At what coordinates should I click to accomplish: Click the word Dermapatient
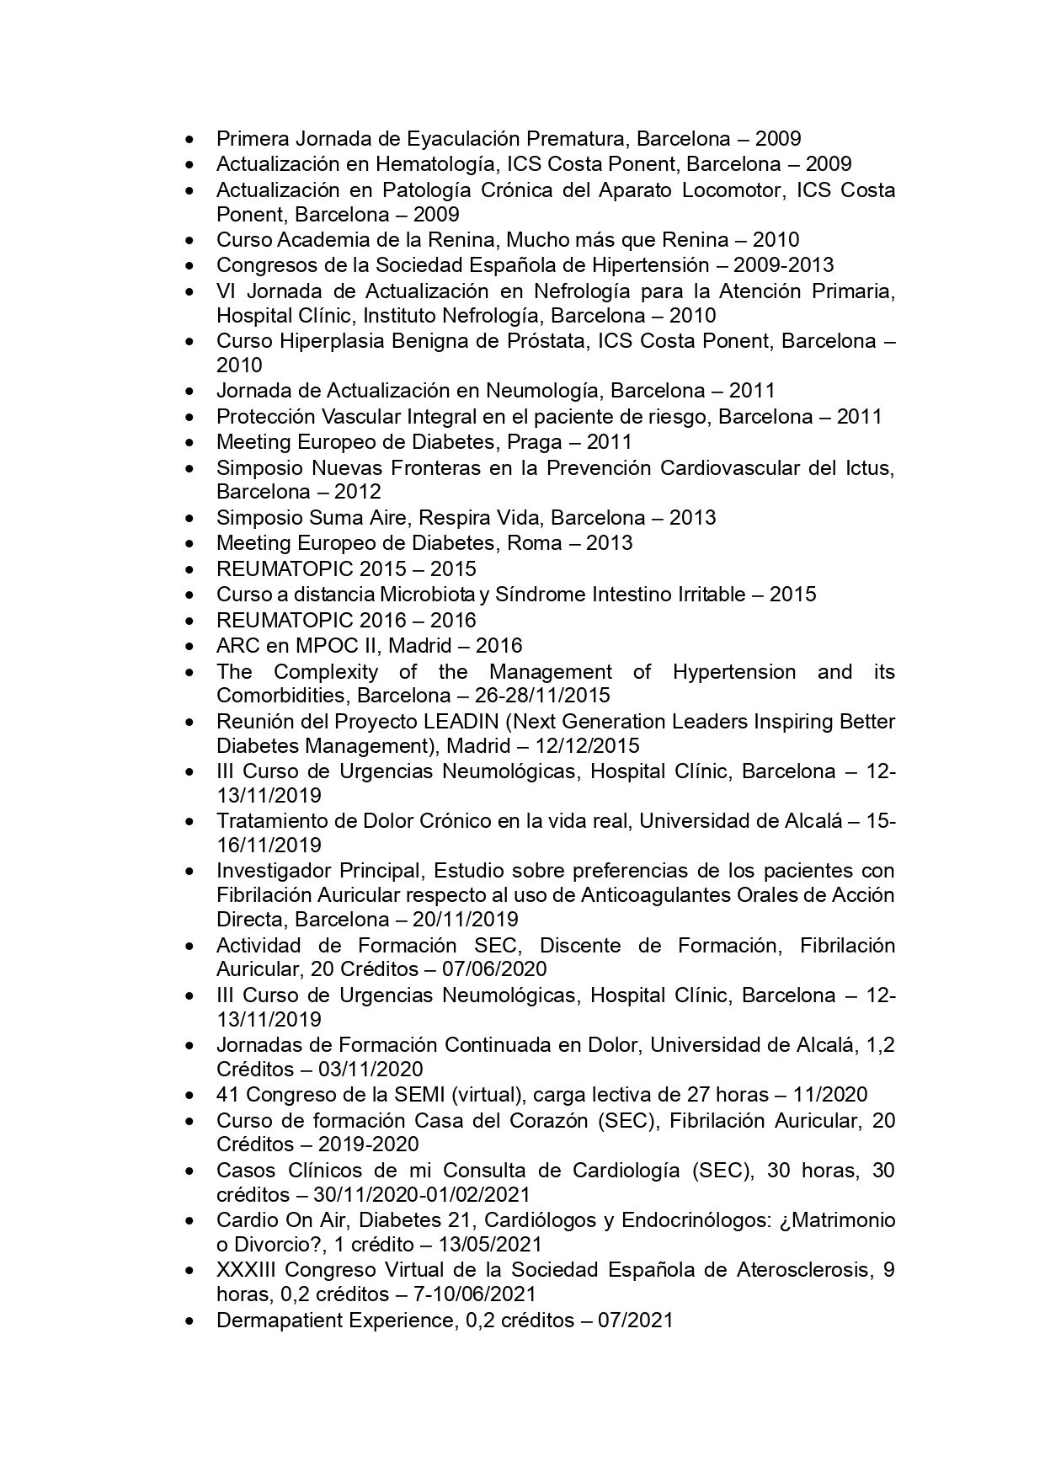(x=275, y=1320)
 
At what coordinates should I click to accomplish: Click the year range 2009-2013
(x=783, y=265)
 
